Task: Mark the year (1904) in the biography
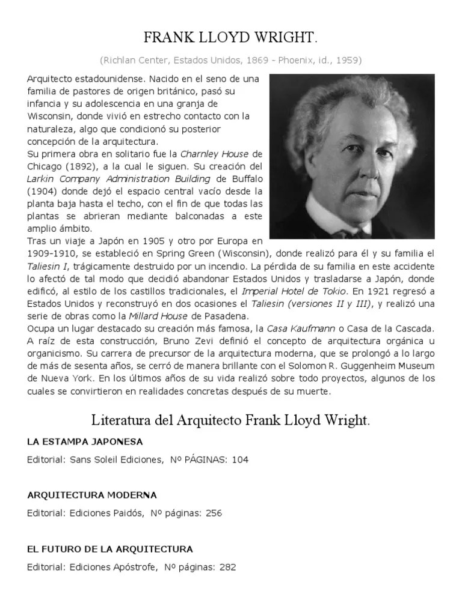pyautogui.click(x=44, y=191)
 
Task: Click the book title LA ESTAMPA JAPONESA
pyautogui.click(x=85, y=442)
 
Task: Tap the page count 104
pyautogui.click(x=239, y=460)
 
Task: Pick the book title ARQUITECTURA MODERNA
pyautogui.click(x=92, y=495)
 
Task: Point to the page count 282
pyautogui.click(x=227, y=567)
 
